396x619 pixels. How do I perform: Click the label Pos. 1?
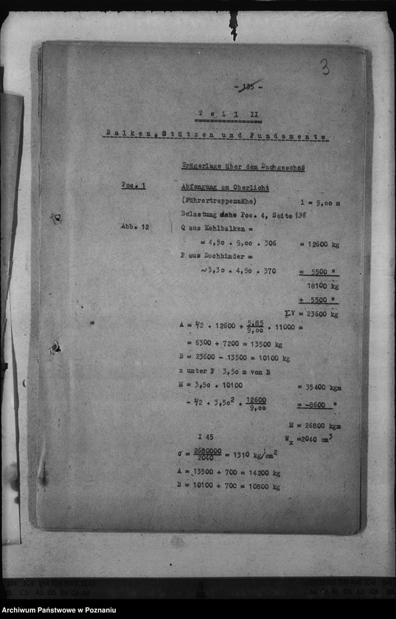coord(133,186)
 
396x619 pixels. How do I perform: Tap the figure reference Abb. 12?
coord(135,227)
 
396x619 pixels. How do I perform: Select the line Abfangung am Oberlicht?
coord(225,187)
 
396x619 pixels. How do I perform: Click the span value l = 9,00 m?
coord(319,201)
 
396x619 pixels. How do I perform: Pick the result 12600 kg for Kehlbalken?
coord(319,244)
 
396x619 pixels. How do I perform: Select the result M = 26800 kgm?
coord(314,426)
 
